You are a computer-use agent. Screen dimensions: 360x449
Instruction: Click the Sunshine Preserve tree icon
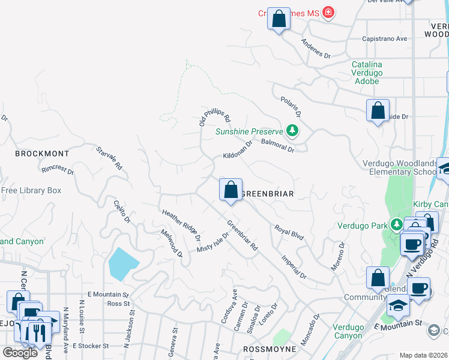[x=292, y=130]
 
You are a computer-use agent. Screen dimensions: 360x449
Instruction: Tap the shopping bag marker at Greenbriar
[x=231, y=190]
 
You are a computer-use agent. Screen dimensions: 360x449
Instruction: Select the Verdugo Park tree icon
[x=396, y=225]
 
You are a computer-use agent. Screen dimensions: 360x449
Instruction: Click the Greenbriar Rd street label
[x=243, y=235]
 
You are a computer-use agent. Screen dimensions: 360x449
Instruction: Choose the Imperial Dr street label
[x=294, y=267]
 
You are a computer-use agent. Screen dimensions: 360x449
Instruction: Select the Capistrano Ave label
[x=384, y=39]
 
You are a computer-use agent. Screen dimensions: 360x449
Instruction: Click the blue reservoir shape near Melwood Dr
[x=124, y=264]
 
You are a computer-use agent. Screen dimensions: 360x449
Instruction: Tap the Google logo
[x=20, y=353]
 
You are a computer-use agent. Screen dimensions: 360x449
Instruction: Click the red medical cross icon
[x=328, y=12]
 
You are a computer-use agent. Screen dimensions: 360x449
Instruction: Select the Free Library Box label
[x=31, y=191]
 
